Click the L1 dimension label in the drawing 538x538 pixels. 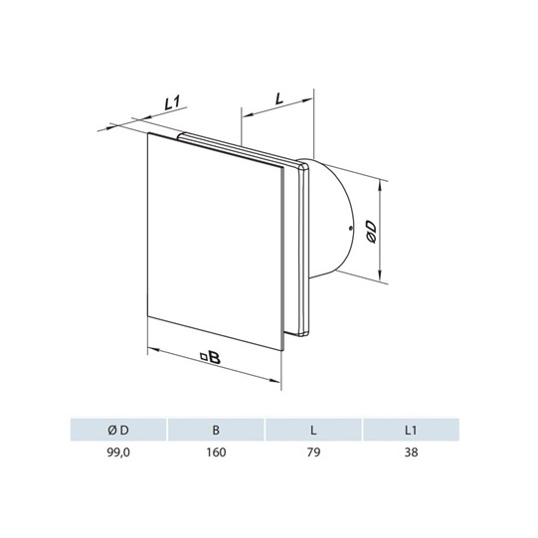click(x=173, y=103)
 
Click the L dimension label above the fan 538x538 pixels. click(x=279, y=98)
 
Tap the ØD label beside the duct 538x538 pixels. click(x=371, y=232)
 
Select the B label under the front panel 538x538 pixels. click(x=215, y=358)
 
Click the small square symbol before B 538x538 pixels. click(x=204, y=357)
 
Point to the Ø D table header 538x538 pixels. click(x=118, y=431)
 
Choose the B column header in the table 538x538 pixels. click(x=216, y=431)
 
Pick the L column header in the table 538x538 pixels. click(x=313, y=431)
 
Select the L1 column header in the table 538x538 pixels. click(x=411, y=431)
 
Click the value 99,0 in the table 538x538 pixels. click(x=118, y=452)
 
